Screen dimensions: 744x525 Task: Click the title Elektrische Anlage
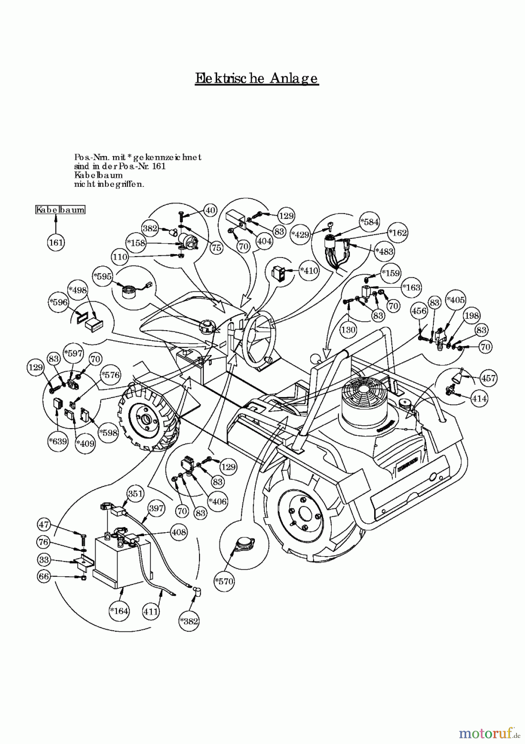tap(257, 78)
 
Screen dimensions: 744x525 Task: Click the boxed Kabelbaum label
tap(60, 210)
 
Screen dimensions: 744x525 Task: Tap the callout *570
tap(224, 581)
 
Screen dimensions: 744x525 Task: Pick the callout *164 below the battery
tap(119, 610)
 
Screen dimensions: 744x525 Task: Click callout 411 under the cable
tap(151, 610)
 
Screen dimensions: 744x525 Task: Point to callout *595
tap(102, 277)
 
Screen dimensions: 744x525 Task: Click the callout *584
tap(369, 222)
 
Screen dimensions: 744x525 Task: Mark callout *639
tap(58, 441)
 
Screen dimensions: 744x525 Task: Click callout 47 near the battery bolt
tap(44, 525)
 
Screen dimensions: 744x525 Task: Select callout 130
tap(348, 329)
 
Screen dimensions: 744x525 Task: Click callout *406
tap(217, 501)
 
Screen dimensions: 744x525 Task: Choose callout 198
tap(471, 316)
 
